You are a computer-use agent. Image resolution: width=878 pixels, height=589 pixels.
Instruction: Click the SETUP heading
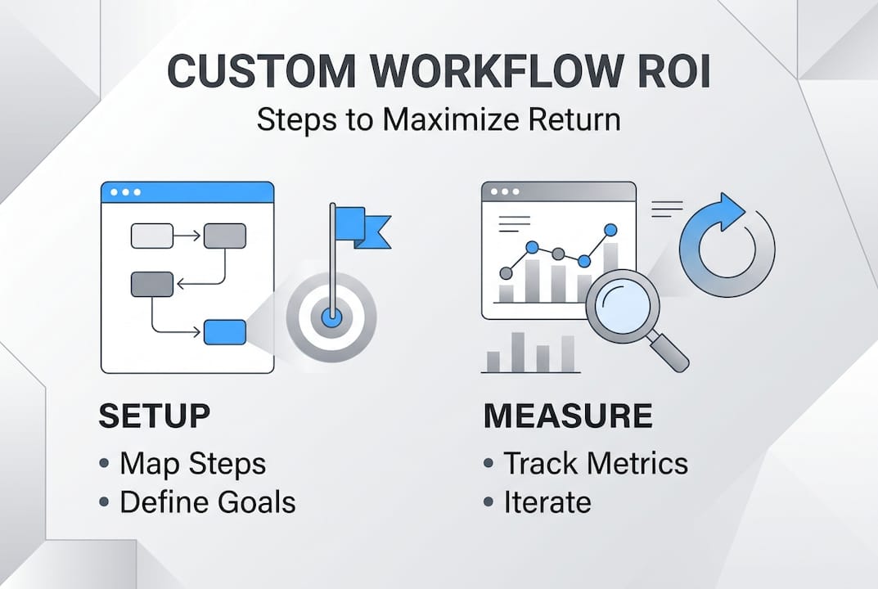154,416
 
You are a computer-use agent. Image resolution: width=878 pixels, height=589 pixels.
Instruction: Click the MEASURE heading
568,416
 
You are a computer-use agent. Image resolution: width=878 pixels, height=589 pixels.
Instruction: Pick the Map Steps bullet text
192,464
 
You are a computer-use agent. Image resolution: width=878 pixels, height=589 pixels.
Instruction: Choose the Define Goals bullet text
208,501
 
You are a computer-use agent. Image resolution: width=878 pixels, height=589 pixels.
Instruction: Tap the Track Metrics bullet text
595,464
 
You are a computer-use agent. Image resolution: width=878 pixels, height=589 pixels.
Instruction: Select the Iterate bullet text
547,501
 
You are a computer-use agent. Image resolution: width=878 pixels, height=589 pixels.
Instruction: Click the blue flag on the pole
359,225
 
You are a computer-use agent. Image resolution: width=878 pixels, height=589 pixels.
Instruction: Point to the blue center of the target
331,316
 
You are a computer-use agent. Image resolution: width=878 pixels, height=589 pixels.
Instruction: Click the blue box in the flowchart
224,332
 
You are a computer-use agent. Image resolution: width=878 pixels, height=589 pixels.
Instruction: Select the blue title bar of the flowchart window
187,192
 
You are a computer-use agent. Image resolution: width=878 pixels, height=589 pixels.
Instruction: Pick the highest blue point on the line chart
610,230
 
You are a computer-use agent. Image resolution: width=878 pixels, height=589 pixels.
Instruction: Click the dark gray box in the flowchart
152,284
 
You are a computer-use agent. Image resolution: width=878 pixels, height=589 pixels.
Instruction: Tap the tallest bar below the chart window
518,352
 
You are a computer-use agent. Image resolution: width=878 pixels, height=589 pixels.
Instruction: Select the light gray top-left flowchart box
152,236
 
